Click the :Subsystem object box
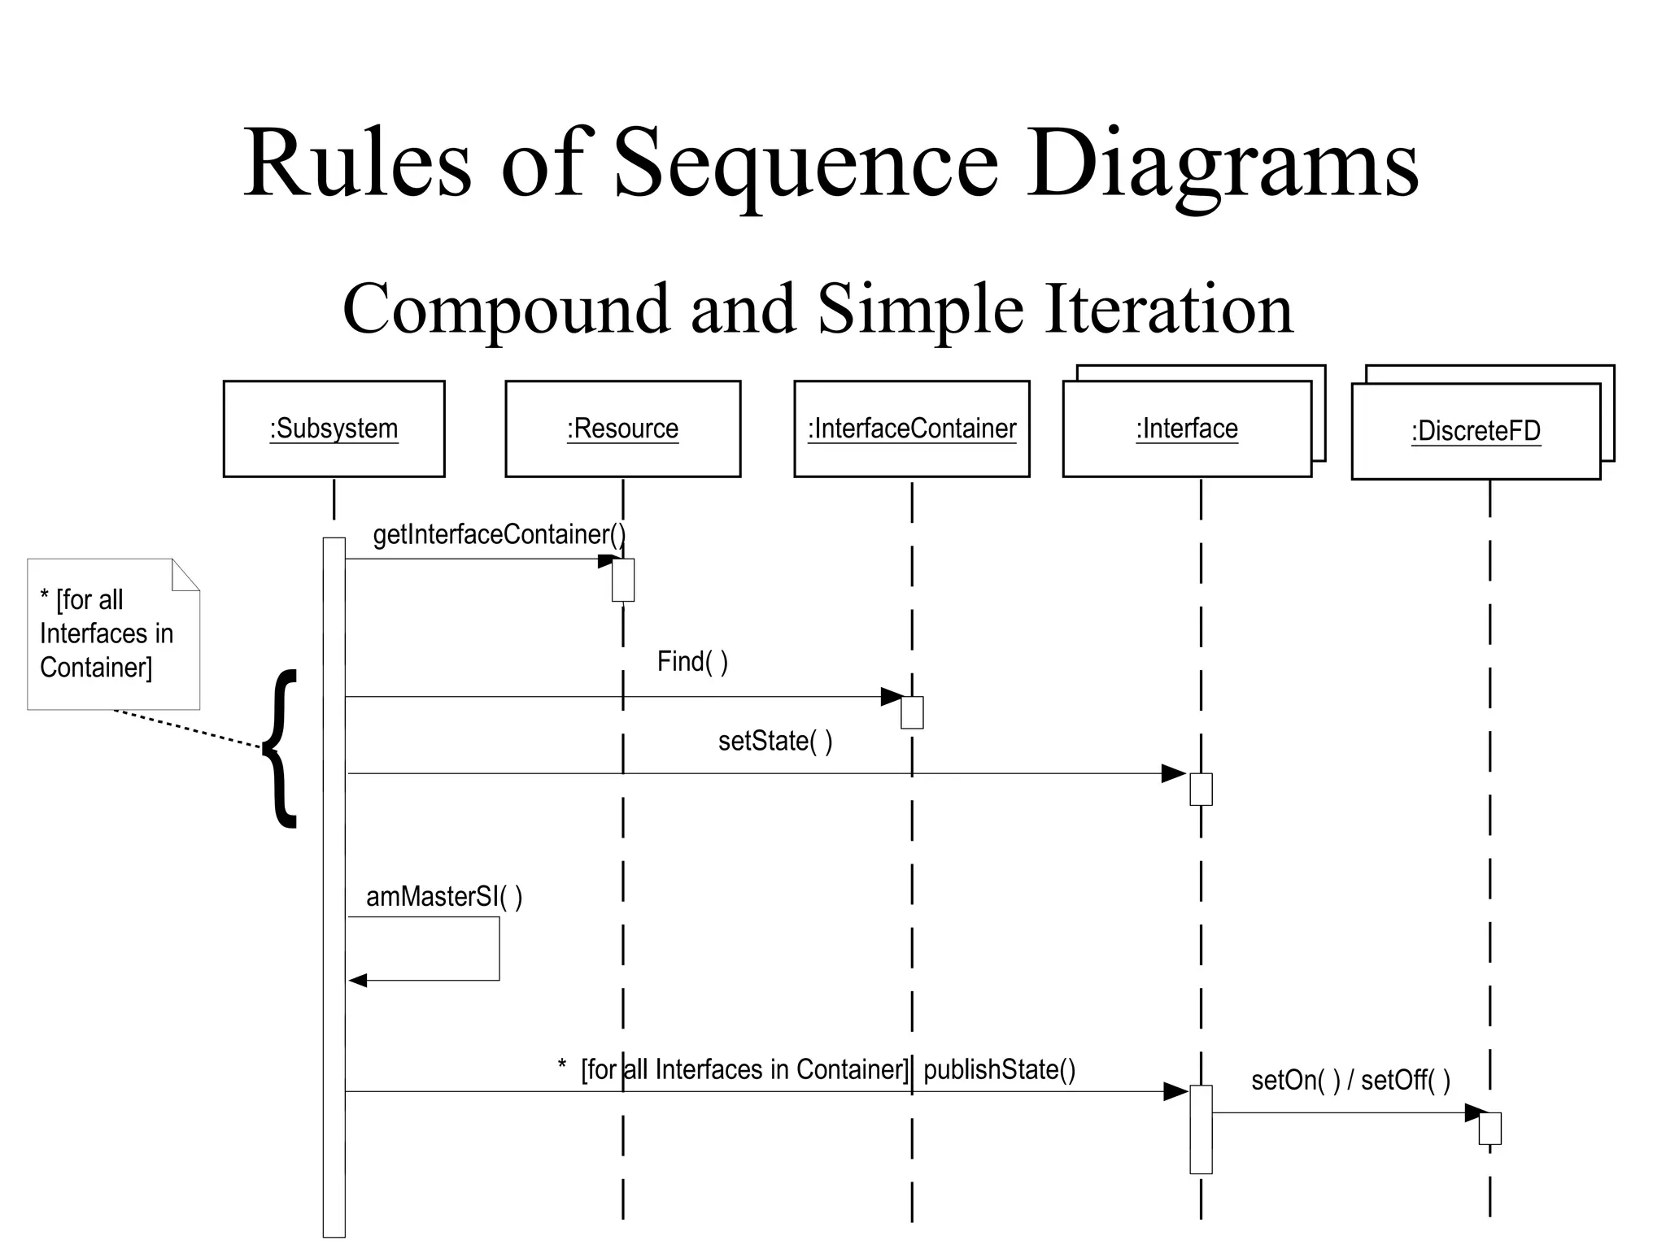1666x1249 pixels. coord(334,429)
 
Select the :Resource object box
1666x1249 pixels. coord(622,429)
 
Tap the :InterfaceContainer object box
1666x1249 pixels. coord(911,429)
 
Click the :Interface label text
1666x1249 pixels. coord(1187,429)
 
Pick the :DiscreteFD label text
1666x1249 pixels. coord(1476,431)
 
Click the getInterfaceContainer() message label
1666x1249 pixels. coord(499,534)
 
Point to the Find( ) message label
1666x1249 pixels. coord(692,662)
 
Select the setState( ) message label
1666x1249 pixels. coord(775,741)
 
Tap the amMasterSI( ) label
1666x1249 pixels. coord(444,897)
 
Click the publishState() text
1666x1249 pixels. coord(999,1069)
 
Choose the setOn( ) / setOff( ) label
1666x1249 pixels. coord(1350,1080)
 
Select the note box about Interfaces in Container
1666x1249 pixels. coord(113,634)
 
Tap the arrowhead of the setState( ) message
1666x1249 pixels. coord(1173,773)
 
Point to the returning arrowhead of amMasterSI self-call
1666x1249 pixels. coord(358,981)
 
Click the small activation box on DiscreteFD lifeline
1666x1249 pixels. coord(1489,1129)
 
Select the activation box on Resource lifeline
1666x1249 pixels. coord(623,580)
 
